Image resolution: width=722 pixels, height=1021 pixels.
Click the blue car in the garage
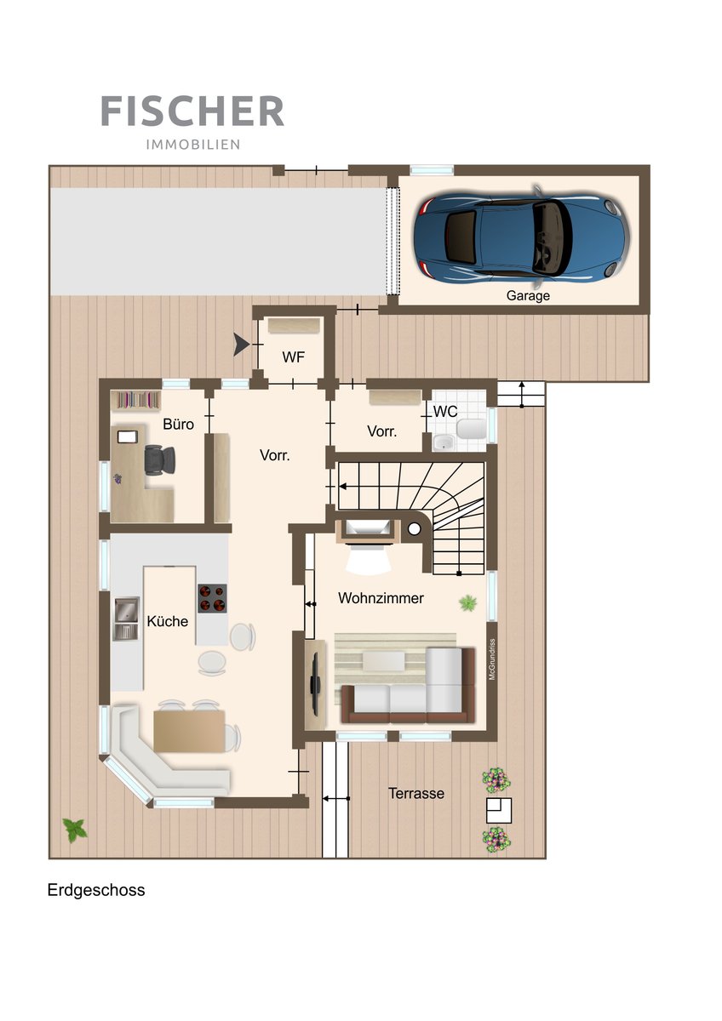pyautogui.click(x=521, y=237)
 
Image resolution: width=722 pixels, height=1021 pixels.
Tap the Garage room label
pyautogui.click(x=528, y=296)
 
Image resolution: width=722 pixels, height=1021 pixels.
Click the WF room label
pyautogui.click(x=293, y=356)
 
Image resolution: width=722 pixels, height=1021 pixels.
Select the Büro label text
pyautogui.click(x=178, y=424)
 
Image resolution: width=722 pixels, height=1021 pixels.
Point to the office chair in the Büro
pyautogui.click(x=159, y=461)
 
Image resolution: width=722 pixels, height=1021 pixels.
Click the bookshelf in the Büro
pyautogui.click(x=136, y=401)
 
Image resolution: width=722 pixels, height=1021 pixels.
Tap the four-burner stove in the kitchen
pyautogui.click(x=212, y=598)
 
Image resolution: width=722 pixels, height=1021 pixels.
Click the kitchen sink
pyautogui.click(x=126, y=619)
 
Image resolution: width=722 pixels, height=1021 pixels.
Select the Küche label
pyautogui.click(x=168, y=621)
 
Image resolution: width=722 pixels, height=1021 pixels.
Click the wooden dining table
pyautogui.click(x=189, y=731)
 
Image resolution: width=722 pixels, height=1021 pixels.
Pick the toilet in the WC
pyautogui.click(x=472, y=429)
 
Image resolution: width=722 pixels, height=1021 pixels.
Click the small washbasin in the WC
pyautogui.click(x=443, y=442)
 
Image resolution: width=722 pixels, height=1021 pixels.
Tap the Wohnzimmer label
pyautogui.click(x=381, y=598)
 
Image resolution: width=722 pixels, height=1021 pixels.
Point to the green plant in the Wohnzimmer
pyautogui.click(x=468, y=602)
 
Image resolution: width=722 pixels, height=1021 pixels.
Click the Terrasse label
pyautogui.click(x=416, y=794)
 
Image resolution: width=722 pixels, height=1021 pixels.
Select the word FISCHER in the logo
pyautogui.click(x=192, y=111)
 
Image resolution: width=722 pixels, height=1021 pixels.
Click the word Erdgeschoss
pyautogui.click(x=96, y=890)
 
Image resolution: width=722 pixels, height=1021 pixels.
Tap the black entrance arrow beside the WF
pyautogui.click(x=241, y=344)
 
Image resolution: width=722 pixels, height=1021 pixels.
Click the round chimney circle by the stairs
pyautogui.click(x=414, y=528)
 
